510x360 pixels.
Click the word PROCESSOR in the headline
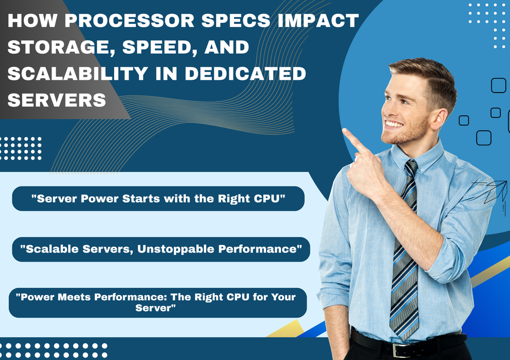point(129,20)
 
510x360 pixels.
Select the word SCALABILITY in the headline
point(78,74)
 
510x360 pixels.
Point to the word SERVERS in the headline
point(57,100)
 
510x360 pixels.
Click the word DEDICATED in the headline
point(246,74)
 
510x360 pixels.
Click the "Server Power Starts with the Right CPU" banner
point(158,198)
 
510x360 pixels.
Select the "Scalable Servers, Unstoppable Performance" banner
point(161,249)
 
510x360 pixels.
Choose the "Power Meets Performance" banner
point(158,302)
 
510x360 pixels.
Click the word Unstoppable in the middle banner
point(176,249)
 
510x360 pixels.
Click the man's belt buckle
point(400,350)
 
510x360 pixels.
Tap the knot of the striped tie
point(411,167)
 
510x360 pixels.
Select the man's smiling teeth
point(394,124)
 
